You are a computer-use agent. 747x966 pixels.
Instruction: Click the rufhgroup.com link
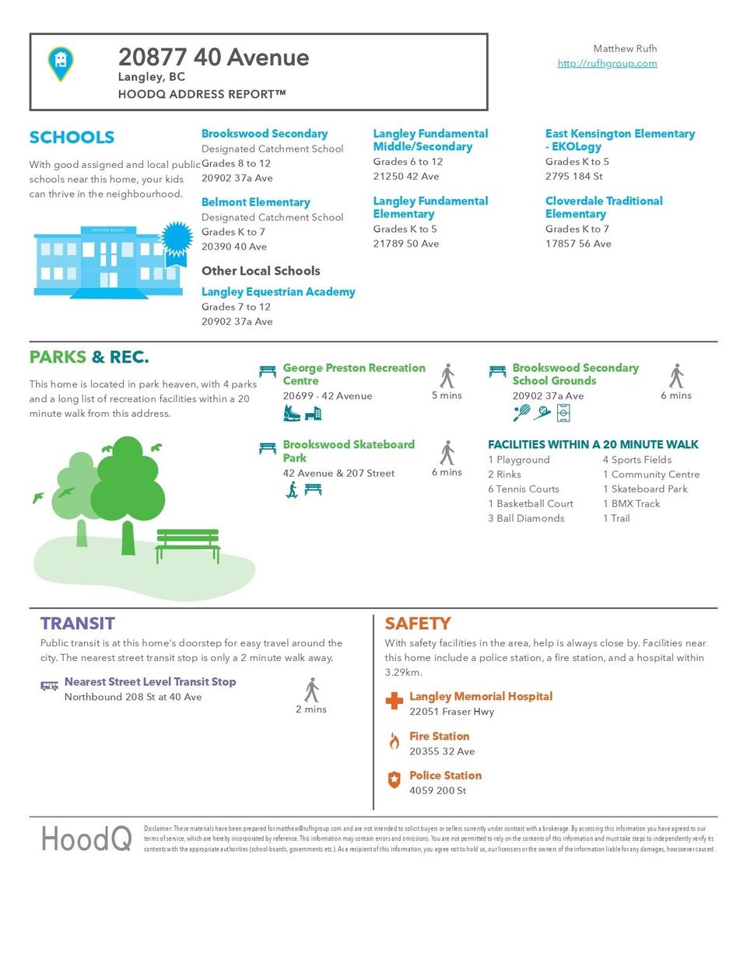coord(607,63)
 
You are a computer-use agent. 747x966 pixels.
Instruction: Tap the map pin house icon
coord(61,62)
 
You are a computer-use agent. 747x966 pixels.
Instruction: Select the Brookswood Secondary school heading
coord(264,134)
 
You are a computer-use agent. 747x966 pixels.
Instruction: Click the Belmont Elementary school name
coord(255,202)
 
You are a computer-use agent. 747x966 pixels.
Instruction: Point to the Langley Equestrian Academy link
coord(278,292)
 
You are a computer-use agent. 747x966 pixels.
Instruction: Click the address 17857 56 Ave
coord(578,243)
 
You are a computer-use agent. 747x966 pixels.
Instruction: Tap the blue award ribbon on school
coord(177,238)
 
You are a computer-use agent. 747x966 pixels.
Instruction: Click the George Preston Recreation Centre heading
coord(353,373)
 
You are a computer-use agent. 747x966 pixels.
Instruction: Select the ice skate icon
coord(292,413)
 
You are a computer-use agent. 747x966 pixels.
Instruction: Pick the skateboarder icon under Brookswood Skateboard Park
coord(292,489)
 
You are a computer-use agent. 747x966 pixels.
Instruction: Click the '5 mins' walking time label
coord(447,395)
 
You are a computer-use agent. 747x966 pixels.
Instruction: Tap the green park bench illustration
coord(188,544)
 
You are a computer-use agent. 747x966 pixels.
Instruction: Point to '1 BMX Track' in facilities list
coord(631,503)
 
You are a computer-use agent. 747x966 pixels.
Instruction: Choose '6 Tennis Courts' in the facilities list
coord(523,488)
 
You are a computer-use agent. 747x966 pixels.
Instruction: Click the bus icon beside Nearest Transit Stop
coord(50,685)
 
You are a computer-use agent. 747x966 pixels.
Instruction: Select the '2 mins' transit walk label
coord(311,709)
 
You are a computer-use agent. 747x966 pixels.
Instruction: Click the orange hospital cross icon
coord(395,702)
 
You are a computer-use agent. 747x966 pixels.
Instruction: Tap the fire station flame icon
coord(395,741)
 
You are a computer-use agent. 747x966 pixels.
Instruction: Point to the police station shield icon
coord(395,779)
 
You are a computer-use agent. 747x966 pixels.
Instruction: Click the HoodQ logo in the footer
coord(86,838)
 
